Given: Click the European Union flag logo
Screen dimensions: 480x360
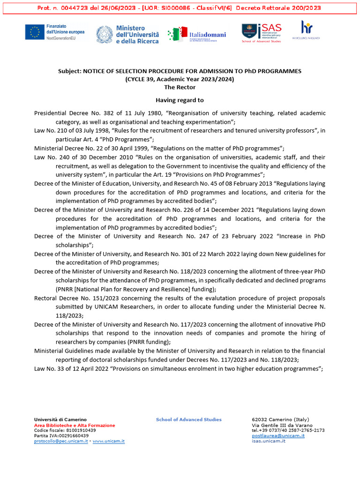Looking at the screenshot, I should point(34,32).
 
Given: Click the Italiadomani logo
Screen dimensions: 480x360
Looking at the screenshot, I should point(197,34).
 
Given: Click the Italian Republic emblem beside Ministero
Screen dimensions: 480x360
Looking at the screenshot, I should point(104,35).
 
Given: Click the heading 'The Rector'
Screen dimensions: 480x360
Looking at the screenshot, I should point(180,87).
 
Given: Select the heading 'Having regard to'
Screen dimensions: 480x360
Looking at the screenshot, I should point(180,100).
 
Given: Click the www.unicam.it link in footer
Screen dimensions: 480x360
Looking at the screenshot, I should point(109,441).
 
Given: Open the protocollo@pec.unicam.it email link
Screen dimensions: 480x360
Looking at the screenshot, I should point(61,441).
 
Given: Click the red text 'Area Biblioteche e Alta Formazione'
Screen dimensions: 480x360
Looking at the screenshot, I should point(75,425).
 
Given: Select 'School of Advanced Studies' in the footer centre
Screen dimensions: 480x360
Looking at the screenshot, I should point(188,420).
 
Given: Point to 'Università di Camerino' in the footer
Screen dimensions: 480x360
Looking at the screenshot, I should point(60,420).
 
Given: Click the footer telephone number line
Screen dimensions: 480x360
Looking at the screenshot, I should point(288,430).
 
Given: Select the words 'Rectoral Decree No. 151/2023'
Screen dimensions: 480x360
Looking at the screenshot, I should point(73,298).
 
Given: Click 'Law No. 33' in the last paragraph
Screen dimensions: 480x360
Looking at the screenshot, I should point(51,368).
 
